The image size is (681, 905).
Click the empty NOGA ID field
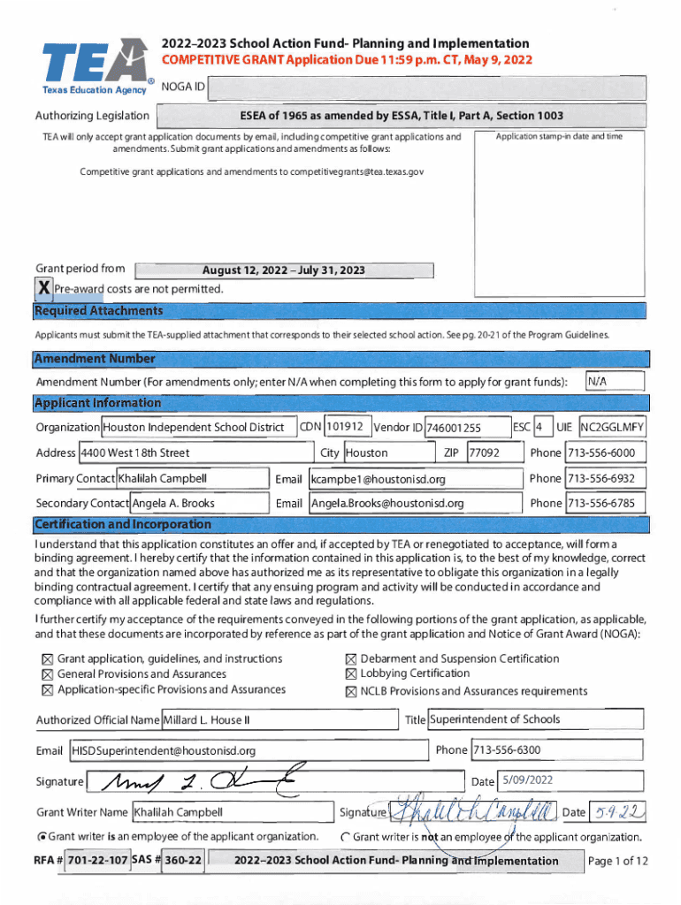[x=428, y=88]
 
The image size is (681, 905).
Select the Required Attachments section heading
[x=98, y=311]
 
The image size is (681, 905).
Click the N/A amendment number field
[x=616, y=381]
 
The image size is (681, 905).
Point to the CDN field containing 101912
[x=347, y=427]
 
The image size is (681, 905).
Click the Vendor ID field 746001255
[x=467, y=428]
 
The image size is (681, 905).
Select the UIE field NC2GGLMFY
[x=612, y=428]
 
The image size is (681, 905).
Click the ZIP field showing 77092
[x=484, y=453]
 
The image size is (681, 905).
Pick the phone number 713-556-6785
[x=605, y=504]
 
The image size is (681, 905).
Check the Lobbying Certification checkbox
[x=350, y=674]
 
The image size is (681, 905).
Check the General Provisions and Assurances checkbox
[x=48, y=674]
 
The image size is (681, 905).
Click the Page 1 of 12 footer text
[x=618, y=861]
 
